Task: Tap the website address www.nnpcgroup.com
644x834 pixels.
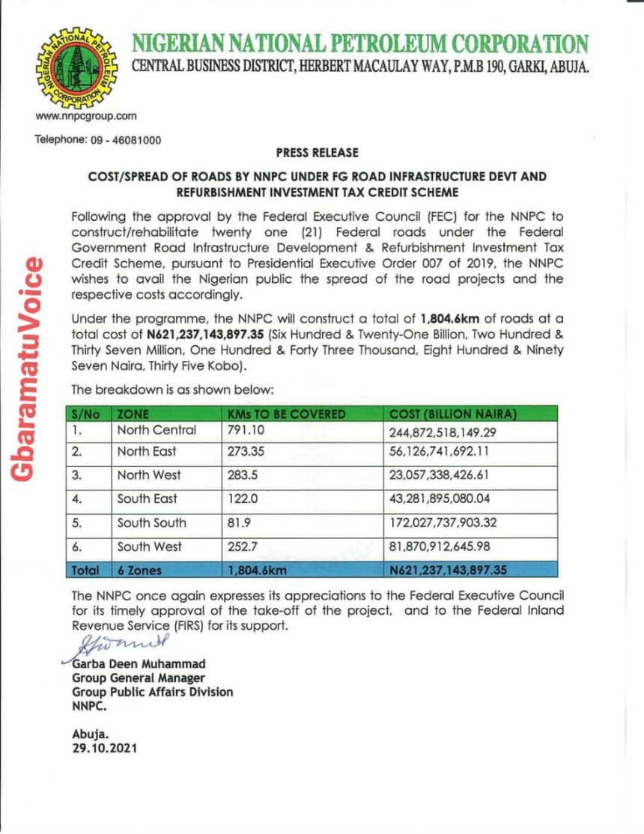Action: click(85, 116)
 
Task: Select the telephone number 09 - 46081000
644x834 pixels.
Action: click(97, 140)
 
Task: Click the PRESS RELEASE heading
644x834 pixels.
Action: click(317, 153)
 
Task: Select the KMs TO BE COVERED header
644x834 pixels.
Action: click(286, 414)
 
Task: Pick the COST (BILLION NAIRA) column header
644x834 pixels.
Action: click(454, 414)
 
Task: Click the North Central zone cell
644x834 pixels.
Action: click(157, 430)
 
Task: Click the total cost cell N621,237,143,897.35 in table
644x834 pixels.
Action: click(449, 570)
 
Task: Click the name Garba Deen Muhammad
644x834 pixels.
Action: click(139, 664)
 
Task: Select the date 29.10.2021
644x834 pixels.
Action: click(105, 748)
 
